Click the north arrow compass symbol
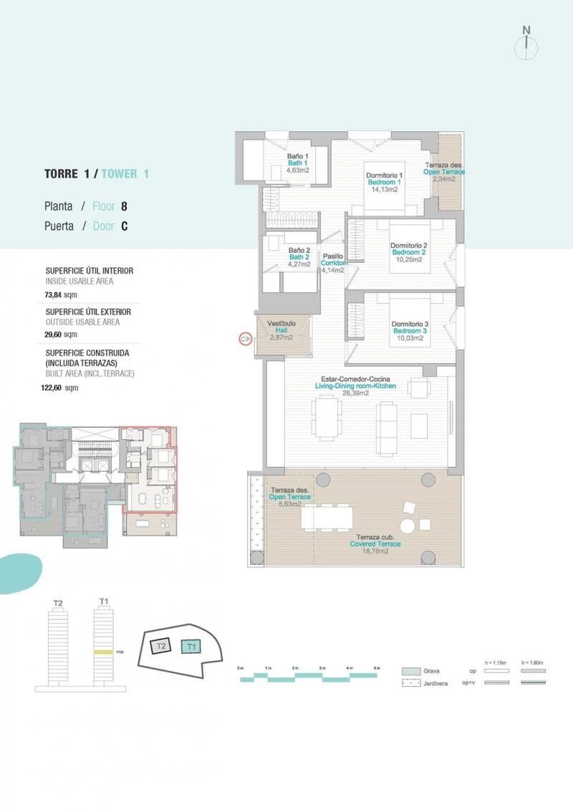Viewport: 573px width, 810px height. (526, 44)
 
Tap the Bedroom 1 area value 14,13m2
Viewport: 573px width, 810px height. (385, 190)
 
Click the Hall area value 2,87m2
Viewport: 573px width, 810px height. (281, 337)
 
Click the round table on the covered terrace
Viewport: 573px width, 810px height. (408, 526)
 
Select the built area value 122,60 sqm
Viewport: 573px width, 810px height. (61, 387)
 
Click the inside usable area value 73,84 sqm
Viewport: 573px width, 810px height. (61, 294)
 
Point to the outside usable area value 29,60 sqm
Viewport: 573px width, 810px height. (61, 334)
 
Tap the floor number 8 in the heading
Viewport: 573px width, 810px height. (124, 206)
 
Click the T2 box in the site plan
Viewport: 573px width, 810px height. (162, 646)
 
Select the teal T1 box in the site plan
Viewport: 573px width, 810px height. (191, 647)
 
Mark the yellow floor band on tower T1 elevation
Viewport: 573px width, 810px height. (104, 652)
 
